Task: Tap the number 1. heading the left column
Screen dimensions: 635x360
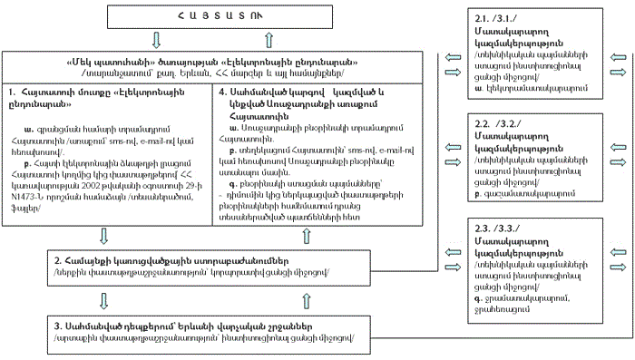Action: tap(11, 92)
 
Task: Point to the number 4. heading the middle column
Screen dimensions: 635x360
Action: tap(223, 92)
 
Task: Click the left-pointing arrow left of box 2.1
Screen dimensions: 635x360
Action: tap(453, 55)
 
